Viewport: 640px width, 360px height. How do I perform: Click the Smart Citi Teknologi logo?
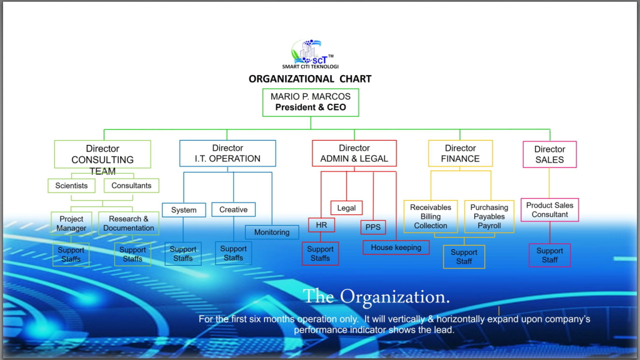[x=310, y=55]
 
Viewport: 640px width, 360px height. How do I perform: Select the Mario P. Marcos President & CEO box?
[x=311, y=102]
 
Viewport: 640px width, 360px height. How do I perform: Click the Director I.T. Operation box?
[x=227, y=153]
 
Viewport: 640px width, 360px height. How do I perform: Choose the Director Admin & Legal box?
[x=354, y=153]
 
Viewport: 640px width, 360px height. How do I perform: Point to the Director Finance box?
[x=461, y=153]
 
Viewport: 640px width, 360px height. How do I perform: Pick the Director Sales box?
[x=549, y=154]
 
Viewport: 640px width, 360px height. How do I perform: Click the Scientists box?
[x=71, y=186]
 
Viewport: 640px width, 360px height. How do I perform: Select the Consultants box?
[x=131, y=186]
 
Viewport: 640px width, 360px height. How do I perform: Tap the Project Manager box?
[x=71, y=224]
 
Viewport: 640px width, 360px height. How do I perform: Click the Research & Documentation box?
[x=129, y=224]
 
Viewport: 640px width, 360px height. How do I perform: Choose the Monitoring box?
[x=272, y=232]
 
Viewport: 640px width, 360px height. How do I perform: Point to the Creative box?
[x=233, y=210]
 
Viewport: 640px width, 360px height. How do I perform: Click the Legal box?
[x=346, y=208]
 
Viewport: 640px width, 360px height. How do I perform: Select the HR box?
[x=321, y=225]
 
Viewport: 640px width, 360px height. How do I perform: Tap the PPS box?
[x=373, y=227]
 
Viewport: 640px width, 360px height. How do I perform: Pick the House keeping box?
[x=396, y=247]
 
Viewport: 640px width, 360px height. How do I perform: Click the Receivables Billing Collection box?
[x=431, y=217]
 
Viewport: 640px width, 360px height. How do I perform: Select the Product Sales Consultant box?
[x=550, y=210]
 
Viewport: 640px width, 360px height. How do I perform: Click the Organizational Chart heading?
[x=310, y=79]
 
